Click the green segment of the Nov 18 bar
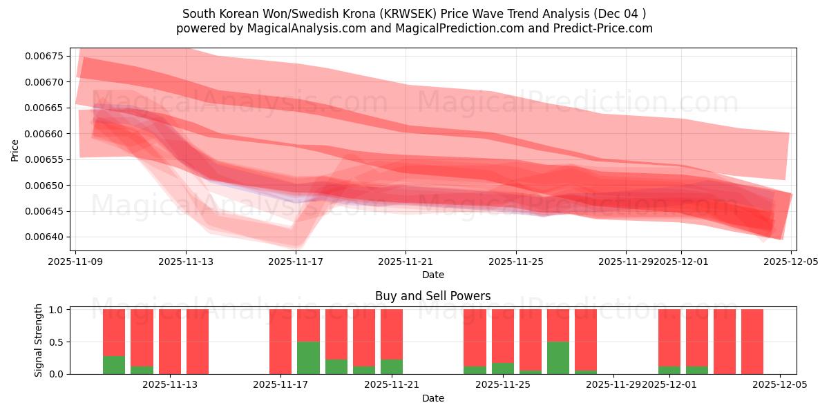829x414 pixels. pos(308,357)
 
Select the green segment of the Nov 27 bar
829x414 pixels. pos(558,357)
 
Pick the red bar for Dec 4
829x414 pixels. pos(752,342)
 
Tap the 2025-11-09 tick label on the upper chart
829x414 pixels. pos(75,262)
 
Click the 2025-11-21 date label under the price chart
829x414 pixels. pos(406,262)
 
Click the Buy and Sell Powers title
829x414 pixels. pos(432,296)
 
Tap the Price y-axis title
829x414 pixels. pos(15,150)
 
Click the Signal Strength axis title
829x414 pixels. pos(39,340)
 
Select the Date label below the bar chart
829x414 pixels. pos(432,398)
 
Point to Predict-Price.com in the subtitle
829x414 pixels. pos(604,28)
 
